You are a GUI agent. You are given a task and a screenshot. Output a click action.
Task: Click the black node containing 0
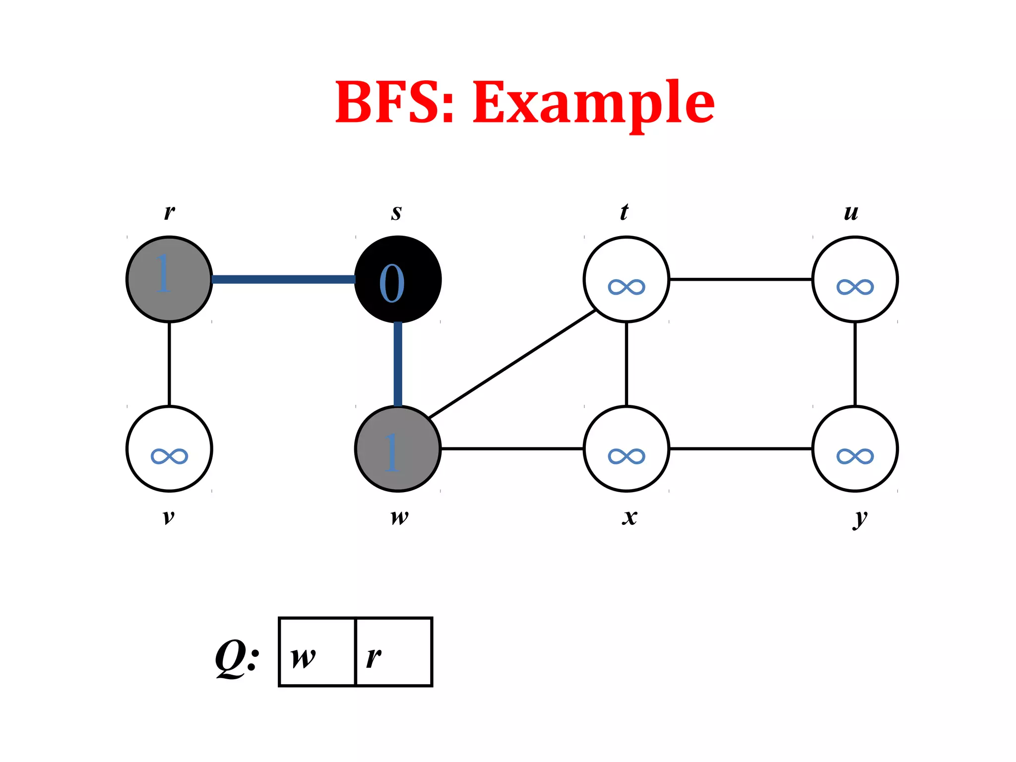(x=398, y=279)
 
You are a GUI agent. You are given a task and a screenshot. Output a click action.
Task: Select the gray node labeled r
(x=169, y=279)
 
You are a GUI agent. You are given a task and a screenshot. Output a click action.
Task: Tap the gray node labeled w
(x=398, y=448)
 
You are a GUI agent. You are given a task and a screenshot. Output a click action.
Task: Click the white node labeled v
(x=169, y=448)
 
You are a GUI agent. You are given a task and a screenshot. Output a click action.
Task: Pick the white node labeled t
(x=626, y=279)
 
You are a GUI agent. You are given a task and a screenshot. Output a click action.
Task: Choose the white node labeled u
(x=855, y=279)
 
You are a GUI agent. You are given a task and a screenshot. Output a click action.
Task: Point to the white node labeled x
(x=626, y=448)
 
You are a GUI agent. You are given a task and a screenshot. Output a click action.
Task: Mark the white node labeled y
(x=855, y=448)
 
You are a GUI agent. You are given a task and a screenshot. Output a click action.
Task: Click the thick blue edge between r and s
(x=283, y=279)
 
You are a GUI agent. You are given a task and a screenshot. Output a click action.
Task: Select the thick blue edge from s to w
(x=398, y=364)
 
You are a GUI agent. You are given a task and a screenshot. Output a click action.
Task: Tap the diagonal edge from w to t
(x=512, y=364)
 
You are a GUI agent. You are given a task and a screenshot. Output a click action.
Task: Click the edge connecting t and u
(x=740, y=279)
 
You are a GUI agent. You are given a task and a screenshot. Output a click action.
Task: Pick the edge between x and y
(x=740, y=448)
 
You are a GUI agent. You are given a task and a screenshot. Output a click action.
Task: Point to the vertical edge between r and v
(x=169, y=364)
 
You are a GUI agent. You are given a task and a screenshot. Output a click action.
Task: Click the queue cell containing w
(x=317, y=652)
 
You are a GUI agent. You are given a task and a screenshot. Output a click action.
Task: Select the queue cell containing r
(x=394, y=652)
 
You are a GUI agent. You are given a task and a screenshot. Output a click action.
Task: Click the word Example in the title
(x=593, y=103)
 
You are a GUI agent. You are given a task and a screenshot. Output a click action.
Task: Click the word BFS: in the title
(x=395, y=102)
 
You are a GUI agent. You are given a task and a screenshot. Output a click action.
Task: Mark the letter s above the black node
(x=396, y=212)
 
